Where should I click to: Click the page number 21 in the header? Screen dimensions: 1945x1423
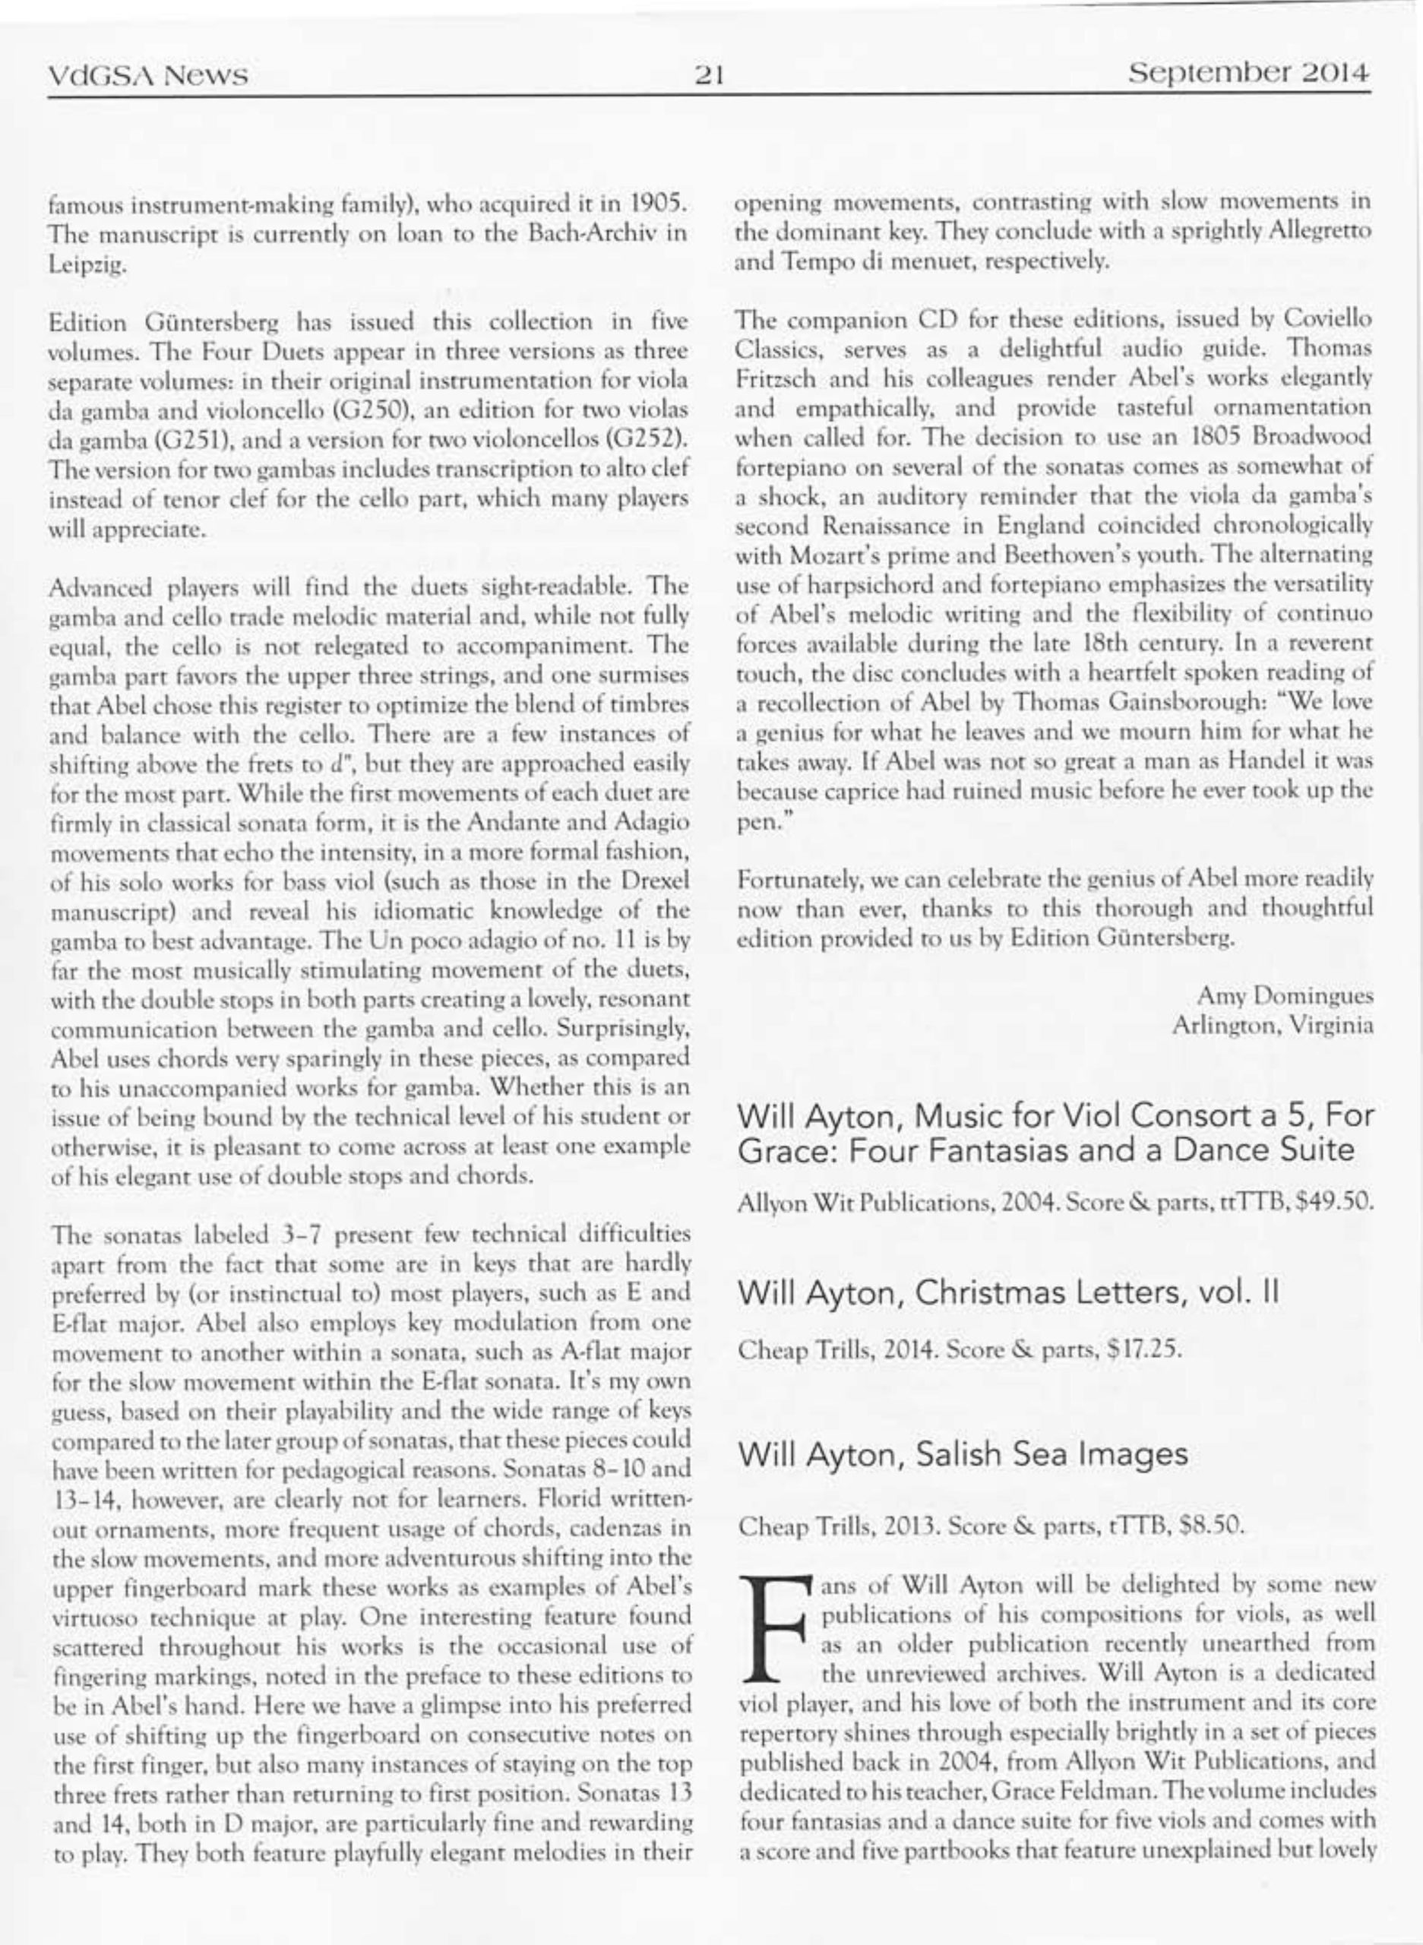710,77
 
